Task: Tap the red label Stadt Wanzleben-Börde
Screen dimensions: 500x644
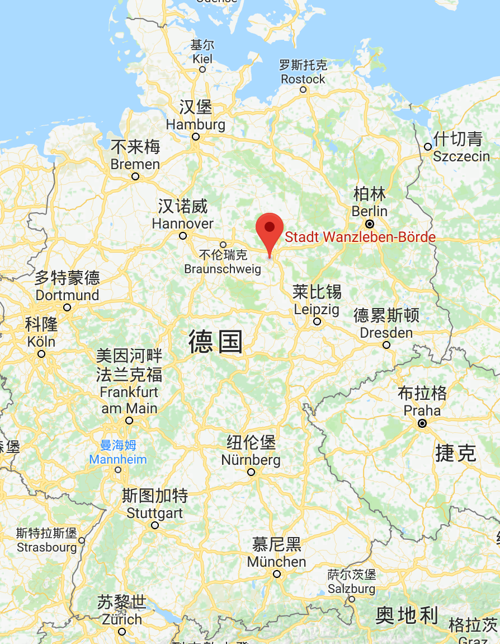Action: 360,237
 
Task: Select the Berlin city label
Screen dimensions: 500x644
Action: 370,211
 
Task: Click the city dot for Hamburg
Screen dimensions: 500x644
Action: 196,137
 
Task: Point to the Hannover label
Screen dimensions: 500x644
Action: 183,223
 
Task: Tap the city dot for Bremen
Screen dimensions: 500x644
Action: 135,176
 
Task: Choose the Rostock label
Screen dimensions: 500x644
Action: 303,79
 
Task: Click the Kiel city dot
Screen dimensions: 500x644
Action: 202,69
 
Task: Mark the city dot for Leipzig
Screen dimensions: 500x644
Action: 317,321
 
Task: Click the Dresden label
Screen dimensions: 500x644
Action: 386,333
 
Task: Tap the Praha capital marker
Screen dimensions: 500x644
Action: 422,423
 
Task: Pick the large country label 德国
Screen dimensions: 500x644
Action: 216,342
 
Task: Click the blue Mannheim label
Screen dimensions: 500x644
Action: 118,460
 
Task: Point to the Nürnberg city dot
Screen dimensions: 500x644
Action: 251,472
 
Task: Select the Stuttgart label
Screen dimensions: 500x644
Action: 155,513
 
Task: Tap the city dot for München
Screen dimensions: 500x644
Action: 276,574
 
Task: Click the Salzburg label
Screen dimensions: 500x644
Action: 351,589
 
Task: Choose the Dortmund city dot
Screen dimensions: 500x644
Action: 67,307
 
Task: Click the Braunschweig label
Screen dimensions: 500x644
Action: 223,269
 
